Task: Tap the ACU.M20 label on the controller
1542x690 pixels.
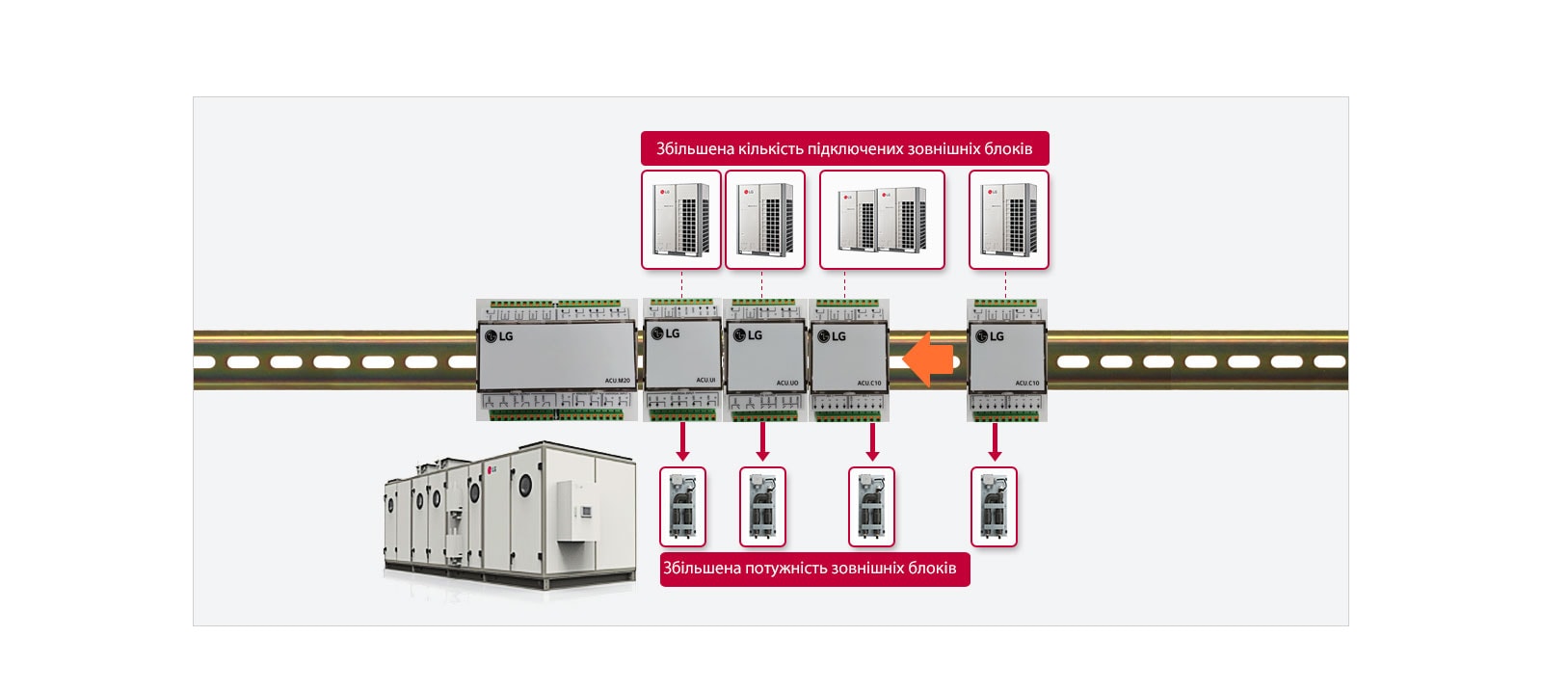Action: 617,381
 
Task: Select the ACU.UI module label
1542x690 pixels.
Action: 705,381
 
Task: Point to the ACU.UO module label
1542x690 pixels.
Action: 786,383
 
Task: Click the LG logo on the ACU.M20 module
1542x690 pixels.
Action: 499,336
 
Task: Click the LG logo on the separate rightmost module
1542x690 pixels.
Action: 990,336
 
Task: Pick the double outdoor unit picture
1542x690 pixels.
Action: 882,220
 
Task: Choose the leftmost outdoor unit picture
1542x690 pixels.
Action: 681,220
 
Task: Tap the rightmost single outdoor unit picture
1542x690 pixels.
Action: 1008,220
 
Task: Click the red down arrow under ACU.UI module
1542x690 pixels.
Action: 682,442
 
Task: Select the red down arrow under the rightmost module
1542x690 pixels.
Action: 995,442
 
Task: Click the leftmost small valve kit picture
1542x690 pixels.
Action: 682,507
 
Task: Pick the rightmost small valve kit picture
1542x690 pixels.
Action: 994,507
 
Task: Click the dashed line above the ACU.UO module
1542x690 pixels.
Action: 761,284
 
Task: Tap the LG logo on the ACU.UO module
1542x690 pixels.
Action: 748,335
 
